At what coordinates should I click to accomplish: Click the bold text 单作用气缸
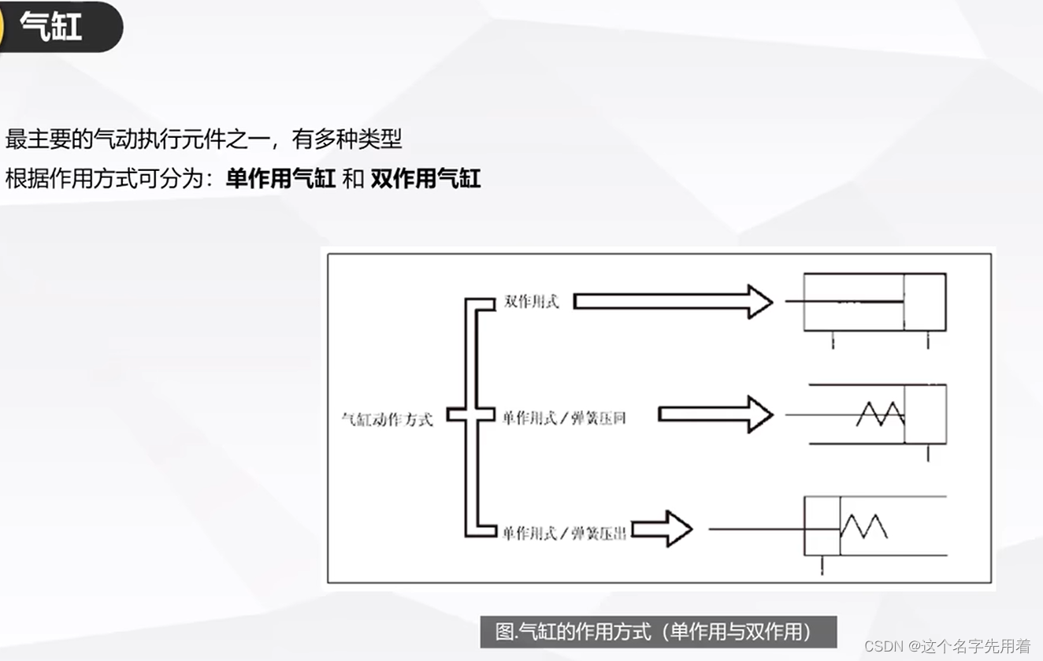(281, 179)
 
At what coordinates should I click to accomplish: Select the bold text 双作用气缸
(425, 179)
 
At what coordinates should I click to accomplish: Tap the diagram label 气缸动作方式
(387, 418)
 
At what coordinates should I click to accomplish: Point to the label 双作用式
(532, 302)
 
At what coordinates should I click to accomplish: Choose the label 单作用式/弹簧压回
(564, 418)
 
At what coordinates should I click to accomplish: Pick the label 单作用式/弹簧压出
(564, 533)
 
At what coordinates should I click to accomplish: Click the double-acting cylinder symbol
(874, 302)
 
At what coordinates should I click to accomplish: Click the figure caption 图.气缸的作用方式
(658, 631)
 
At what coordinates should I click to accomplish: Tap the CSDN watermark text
(947, 646)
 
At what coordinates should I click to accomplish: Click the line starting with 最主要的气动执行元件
(203, 140)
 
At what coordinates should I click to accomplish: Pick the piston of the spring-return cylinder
(925, 414)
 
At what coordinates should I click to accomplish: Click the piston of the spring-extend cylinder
(822, 526)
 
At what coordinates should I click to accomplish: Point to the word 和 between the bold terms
(354, 179)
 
